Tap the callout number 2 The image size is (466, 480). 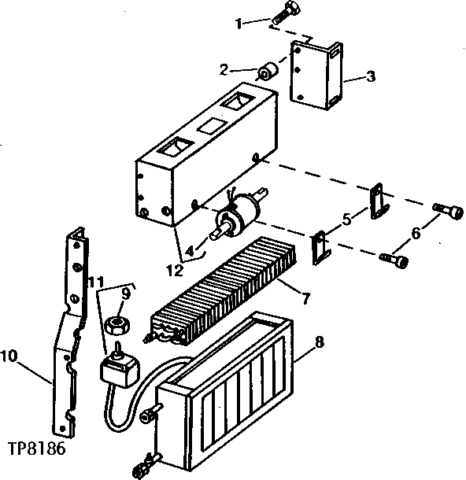(x=224, y=70)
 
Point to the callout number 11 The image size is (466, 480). (x=96, y=282)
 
